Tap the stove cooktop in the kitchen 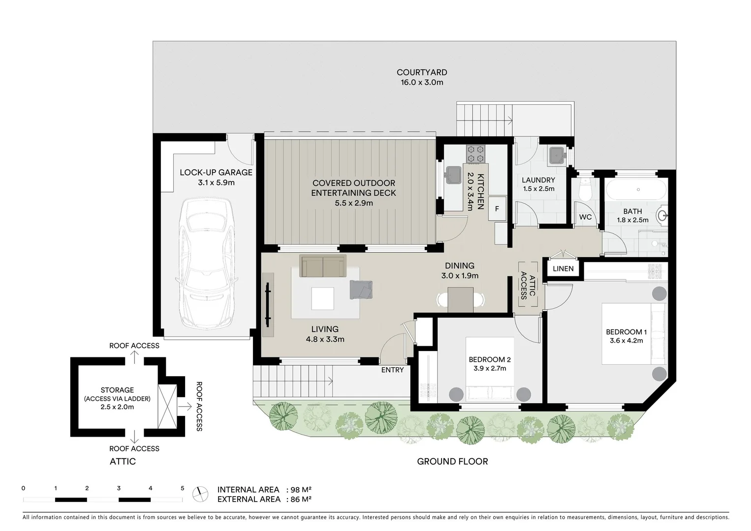476,153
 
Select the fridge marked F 497,209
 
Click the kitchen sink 452,174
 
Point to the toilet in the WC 585,190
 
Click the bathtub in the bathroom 635,190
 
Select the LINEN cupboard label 563,269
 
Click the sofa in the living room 323,266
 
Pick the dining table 460,299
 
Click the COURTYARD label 422,73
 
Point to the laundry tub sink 557,155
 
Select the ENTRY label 392,370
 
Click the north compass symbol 200,494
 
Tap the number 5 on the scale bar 183,488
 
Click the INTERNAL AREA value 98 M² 302,490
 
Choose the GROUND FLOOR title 452,462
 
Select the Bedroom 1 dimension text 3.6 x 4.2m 626,341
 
